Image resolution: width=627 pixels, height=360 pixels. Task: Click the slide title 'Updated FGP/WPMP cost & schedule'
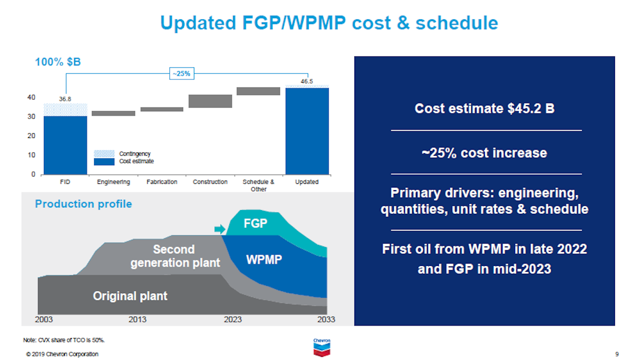tap(329, 23)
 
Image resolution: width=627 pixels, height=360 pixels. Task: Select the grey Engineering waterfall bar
tap(113, 113)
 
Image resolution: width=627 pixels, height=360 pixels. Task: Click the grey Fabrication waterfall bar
tap(162, 109)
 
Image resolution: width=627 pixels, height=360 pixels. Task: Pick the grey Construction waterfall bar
tap(210, 101)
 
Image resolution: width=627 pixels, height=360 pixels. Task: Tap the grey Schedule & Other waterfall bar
tap(258, 91)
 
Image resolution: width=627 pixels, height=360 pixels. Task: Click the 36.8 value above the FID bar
tap(65, 99)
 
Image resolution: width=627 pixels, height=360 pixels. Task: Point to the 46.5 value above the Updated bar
tap(307, 82)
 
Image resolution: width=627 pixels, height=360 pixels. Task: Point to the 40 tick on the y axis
tap(31, 98)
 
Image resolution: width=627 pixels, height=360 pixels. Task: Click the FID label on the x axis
tap(65, 182)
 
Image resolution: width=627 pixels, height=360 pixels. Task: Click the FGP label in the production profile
tap(256, 224)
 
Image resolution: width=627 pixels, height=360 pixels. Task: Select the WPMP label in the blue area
tap(264, 259)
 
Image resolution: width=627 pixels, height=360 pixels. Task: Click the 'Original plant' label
tap(130, 296)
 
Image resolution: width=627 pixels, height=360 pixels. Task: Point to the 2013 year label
tap(137, 319)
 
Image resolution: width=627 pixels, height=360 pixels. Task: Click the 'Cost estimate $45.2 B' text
tap(484, 109)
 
